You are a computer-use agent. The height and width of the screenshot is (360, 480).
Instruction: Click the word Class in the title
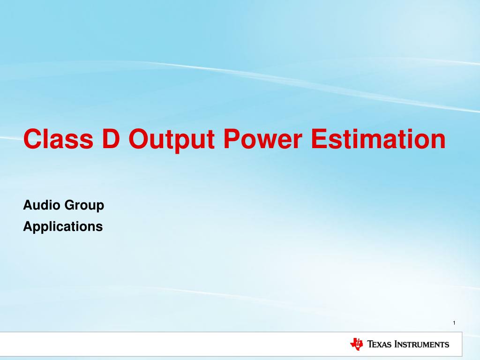58,139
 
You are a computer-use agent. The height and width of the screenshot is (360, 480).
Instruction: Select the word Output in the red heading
172,141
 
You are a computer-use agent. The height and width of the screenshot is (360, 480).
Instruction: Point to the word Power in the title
263,139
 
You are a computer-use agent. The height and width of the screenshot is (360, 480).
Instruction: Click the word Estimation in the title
378,139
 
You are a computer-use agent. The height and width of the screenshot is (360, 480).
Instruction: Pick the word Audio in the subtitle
42,205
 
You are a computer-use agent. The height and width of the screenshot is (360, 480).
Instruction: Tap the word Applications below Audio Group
63,227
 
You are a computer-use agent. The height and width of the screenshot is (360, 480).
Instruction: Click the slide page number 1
454,322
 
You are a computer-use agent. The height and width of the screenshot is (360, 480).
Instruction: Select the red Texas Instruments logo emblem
357,344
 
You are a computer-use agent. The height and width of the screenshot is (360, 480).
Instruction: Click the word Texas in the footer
379,344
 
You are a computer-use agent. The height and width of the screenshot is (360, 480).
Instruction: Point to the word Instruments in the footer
422,344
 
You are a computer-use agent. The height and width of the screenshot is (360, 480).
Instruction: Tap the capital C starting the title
31,139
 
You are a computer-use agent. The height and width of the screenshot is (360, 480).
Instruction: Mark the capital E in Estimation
319,139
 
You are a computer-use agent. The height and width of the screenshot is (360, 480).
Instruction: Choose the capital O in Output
139,139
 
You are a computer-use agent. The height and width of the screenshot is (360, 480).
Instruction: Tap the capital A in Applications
29,226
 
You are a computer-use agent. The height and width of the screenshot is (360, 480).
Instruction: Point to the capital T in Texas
370,344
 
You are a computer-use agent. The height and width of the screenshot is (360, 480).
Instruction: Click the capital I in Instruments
397,344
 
